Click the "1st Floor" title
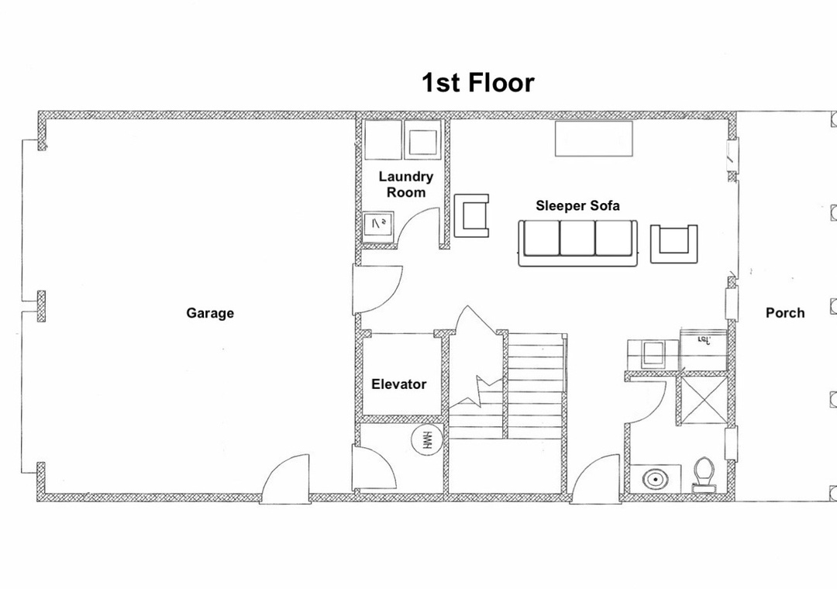pos(477,83)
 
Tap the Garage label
pos(210,313)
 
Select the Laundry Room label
pos(405,184)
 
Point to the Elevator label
pos(399,384)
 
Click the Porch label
pos(784,312)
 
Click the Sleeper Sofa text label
pos(577,205)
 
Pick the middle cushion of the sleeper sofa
pos(577,238)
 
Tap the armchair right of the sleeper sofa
pos(673,243)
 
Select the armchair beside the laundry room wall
pos(471,215)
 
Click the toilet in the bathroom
pos(704,475)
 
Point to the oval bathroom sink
pos(654,479)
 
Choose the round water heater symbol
pos(427,440)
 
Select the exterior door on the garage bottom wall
pos(285,478)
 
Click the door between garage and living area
pos(378,289)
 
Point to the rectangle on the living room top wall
pos(594,139)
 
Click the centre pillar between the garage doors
pos(40,307)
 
